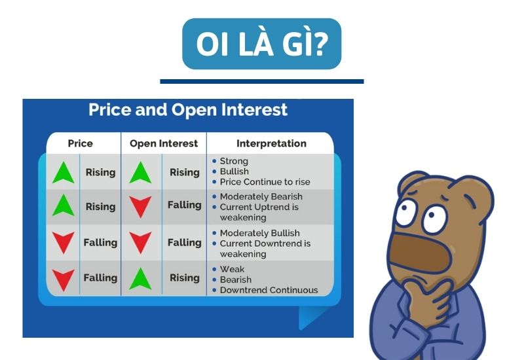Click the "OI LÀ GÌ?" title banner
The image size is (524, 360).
[262, 43]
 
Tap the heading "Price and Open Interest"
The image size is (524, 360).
[188, 109]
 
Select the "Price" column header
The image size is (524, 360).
[81, 143]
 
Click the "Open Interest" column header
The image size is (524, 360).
[164, 143]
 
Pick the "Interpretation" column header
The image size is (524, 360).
[271, 143]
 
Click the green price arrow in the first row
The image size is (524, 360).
[64, 172]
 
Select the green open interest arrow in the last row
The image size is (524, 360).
[140, 278]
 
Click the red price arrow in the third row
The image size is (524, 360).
[64, 243]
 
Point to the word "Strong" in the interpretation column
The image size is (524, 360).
[234, 161]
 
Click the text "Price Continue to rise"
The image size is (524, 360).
[265, 182]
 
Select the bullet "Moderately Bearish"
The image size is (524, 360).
[261, 196]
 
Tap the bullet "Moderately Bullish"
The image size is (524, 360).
[259, 233]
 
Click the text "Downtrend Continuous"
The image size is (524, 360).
[269, 290]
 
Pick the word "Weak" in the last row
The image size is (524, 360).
[232, 269]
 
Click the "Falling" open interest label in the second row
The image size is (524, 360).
[184, 205]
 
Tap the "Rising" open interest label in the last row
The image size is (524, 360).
[184, 278]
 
